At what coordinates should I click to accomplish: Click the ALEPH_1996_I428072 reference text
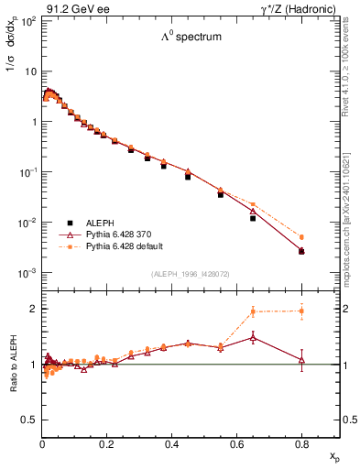coord(190,274)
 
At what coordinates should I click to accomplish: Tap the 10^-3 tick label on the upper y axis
coord(27,273)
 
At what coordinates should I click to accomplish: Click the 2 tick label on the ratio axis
coord(33,309)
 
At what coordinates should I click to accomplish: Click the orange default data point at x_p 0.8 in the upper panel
coord(301,236)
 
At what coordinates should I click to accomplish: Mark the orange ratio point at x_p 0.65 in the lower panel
coord(253,311)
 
